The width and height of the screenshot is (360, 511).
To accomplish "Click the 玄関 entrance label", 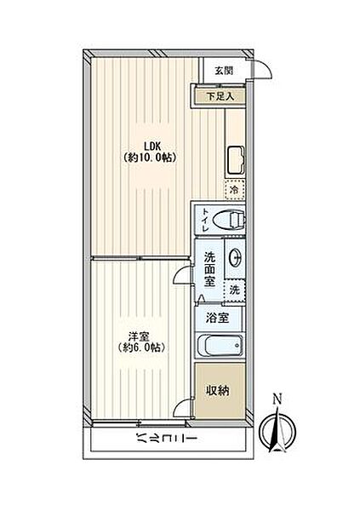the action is [x=224, y=70].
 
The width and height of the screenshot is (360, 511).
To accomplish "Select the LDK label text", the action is [x=150, y=146].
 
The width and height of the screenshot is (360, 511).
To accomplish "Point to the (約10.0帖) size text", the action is [x=150, y=158].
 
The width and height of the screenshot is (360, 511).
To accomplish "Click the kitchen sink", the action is [x=236, y=160].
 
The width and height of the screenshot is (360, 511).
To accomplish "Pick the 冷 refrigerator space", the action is [x=235, y=189].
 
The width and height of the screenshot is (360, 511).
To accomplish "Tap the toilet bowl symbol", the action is [x=228, y=219].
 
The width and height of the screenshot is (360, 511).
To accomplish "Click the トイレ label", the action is [x=206, y=219].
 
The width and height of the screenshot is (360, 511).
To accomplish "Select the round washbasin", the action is [x=235, y=257].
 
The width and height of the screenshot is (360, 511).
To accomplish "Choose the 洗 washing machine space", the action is [x=235, y=290].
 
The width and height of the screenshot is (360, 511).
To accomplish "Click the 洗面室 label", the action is [x=210, y=269].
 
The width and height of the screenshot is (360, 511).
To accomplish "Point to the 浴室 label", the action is [x=217, y=318].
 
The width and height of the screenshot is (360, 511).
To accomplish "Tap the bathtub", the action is [x=220, y=345].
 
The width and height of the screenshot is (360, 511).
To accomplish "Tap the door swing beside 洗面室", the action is [x=179, y=273].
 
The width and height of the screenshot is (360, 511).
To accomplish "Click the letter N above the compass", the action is [x=277, y=399].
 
